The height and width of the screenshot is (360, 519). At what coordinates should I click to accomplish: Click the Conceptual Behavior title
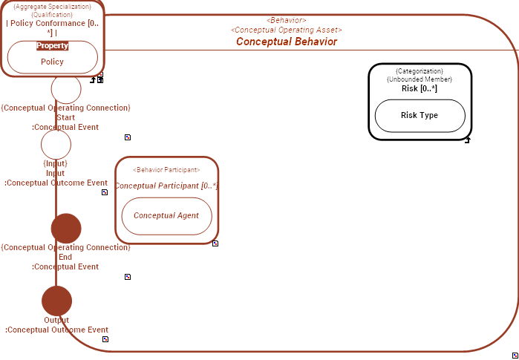[x=286, y=42]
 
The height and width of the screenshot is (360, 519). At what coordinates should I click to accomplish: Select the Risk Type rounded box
[x=420, y=116]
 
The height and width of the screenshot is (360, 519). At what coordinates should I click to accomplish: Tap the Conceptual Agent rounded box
[x=166, y=216]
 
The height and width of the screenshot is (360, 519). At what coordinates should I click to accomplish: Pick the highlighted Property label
[x=52, y=45]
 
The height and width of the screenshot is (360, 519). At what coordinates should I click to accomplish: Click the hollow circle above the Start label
[x=66, y=89]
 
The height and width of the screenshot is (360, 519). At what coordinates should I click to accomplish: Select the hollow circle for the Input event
[x=56, y=144]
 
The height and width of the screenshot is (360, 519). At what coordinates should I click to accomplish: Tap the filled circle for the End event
[x=66, y=228]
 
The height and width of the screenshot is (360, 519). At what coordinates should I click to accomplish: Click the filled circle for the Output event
[x=56, y=301]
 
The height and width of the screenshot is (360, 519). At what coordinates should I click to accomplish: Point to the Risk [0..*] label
[x=420, y=88]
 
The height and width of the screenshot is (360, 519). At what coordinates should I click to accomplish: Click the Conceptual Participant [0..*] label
[x=166, y=186]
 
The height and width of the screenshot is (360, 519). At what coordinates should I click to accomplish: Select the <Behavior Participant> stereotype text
[x=166, y=170]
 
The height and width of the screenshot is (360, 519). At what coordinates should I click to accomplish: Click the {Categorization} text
[x=420, y=71]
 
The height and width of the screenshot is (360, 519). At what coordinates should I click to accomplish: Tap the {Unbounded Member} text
[x=420, y=79]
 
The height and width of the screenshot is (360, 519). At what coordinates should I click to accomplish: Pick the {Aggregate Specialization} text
[x=52, y=6]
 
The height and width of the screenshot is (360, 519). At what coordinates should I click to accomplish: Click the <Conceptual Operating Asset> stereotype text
[x=286, y=30]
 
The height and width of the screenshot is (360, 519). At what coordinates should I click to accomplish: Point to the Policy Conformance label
[x=52, y=23]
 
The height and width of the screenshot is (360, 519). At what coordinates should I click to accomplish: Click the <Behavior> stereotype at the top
[x=286, y=20]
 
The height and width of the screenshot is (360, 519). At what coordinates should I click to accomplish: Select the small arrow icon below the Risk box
[x=467, y=140]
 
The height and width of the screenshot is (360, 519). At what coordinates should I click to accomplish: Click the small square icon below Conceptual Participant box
[x=215, y=243]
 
